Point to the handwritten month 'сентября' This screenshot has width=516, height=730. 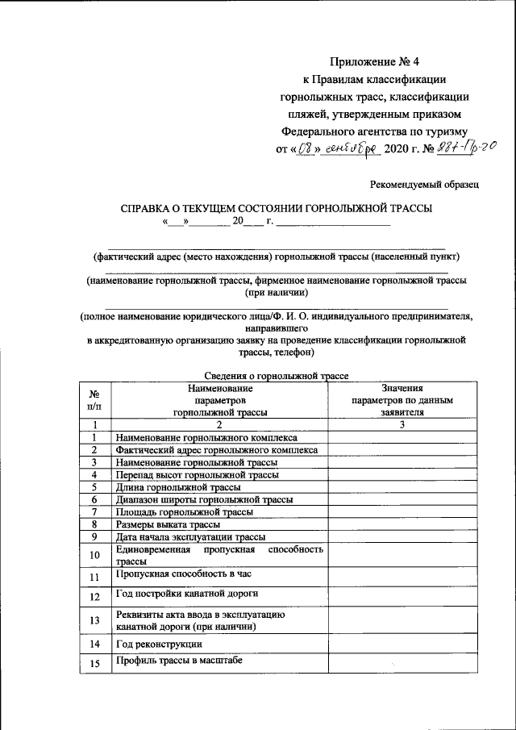pos(351,148)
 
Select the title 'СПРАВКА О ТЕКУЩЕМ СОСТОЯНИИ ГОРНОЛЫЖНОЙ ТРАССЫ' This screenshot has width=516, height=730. pos(277,207)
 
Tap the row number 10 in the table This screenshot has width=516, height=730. pos(94,555)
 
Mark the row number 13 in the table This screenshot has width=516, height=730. pos(94,619)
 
